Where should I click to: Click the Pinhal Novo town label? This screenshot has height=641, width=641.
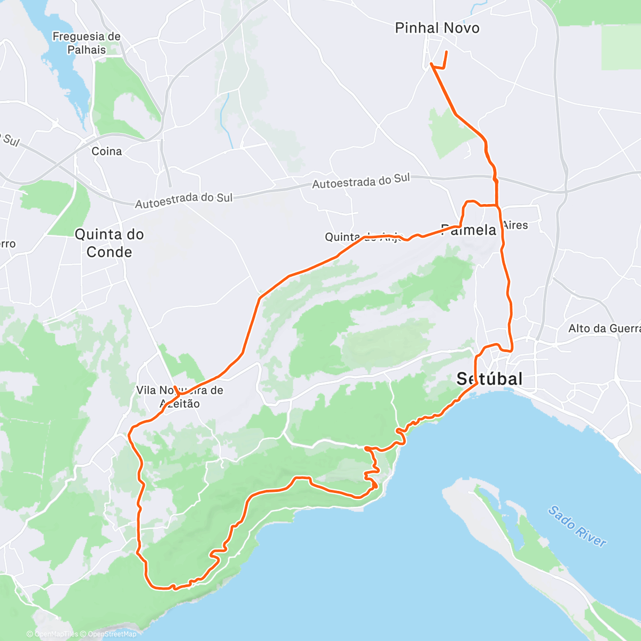coord(437,28)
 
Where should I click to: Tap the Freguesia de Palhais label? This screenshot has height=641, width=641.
coord(87,43)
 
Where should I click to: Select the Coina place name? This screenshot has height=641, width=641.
coord(107,152)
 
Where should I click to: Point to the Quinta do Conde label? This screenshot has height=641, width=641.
coord(110,243)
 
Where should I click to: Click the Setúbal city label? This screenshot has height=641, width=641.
coord(489,379)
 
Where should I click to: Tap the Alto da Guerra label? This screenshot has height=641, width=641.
coord(604,329)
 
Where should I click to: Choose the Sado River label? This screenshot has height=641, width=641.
coord(577,527)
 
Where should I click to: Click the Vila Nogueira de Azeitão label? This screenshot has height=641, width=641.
coord(179,397)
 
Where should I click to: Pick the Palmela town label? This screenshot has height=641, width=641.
coord(468,230)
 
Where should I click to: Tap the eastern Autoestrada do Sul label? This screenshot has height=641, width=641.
coord(361,182)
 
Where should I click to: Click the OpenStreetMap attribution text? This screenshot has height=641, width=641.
coord(112,635)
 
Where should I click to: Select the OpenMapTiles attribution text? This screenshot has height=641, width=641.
coord(56,635)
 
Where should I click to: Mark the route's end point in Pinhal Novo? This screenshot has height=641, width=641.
coord(447,51)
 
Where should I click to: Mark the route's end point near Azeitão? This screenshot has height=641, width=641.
coord(174,379)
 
